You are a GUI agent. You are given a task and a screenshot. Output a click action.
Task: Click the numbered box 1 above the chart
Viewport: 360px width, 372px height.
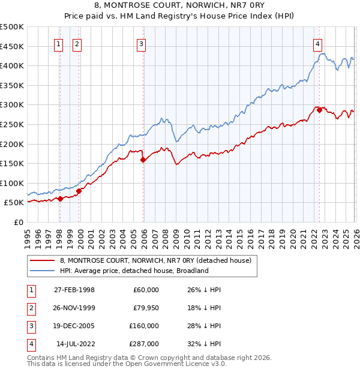(x=59, y=43)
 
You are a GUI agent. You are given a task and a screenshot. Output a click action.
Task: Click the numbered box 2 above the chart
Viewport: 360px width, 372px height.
(x=78, y=43)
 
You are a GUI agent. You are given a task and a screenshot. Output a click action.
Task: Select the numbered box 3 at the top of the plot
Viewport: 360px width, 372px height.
(x=141, y=43)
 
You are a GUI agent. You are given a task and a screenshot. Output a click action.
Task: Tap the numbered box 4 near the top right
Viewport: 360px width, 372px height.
(x=317, y=43)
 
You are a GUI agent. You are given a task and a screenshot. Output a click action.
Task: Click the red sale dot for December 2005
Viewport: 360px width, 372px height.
(x=143, y=160)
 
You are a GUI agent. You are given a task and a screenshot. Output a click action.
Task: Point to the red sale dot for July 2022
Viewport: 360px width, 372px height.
(x=319, y=110)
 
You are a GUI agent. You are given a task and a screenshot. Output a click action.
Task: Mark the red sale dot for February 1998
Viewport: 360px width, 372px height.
(x=60, y=199)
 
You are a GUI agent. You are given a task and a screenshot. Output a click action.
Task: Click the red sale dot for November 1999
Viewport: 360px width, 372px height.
(x=79, y=191)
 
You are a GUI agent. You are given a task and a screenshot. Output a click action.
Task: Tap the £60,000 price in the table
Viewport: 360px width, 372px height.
(x=146, y=290)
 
